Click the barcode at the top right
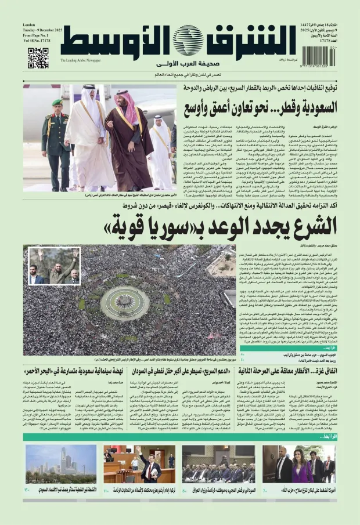point(317,56)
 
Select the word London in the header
point(29,26)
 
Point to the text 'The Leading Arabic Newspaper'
point(80,60)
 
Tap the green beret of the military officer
point(57,103)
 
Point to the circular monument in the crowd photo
point(124,302)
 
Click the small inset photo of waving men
point(54,266)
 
